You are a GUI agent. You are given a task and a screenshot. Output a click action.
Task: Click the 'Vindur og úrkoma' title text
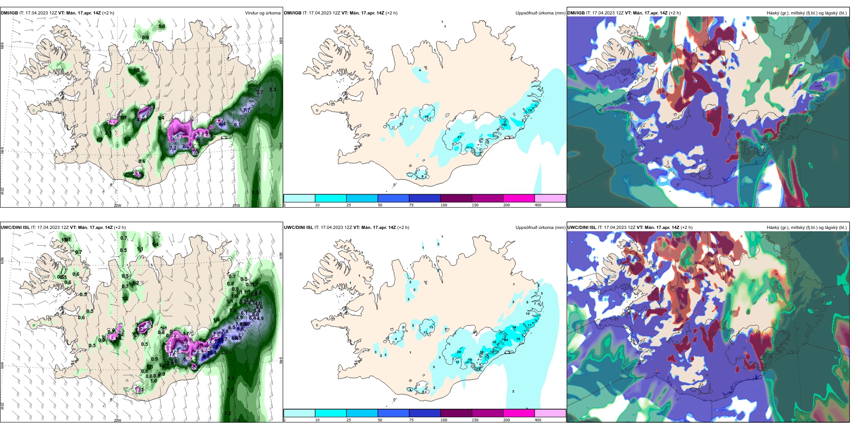pyautogui.click(x=263, y=13)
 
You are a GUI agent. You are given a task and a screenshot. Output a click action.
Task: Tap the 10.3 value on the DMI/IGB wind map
pyautogui.click(x=176, y=137)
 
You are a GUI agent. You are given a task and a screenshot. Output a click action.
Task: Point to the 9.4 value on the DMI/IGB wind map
pyautogui.click(x=143, y=117)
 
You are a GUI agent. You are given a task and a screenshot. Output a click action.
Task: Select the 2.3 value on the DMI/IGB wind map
pyautogui.click(x=272, y=89)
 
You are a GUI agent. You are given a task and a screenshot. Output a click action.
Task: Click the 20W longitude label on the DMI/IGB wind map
pyautogui.click(x=117, y=205)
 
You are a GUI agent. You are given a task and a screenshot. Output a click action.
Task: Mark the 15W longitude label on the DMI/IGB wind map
pyautogui.click(x=236, y=205)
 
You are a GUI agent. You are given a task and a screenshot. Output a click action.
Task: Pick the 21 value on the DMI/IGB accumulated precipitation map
pyautogui.click(x=459, y=137)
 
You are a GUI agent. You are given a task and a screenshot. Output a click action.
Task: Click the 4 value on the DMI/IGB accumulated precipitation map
pyautogui.click(x=420, y=70)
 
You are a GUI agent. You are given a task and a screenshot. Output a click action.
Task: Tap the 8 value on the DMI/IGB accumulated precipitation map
pyautogui.click(x=423, y=176)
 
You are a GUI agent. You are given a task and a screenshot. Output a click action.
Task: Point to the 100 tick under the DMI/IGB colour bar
pyautogui.click(x=444, y=205)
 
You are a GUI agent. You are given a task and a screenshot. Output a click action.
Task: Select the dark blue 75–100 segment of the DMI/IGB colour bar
pyautogui.click(x=424, y=198)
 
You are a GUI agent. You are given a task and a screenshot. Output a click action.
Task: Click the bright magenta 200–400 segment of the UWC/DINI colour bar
pyautogui.click(x=519, y=413)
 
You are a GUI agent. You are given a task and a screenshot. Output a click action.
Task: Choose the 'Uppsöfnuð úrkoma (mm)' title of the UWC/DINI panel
pyautogui.click(x=540, y=228)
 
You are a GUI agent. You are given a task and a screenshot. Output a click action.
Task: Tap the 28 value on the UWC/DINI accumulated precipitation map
pyautogui.click(x=459, y=352)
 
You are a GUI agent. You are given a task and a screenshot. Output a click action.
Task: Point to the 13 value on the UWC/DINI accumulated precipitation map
pyautogui.click(x=431, y=327)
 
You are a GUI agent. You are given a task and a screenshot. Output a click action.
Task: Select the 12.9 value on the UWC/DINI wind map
pyautogui.click(x=177, y=351)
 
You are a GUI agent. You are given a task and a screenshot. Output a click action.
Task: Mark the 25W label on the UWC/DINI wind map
pyautogui.click(x=2, y=406)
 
